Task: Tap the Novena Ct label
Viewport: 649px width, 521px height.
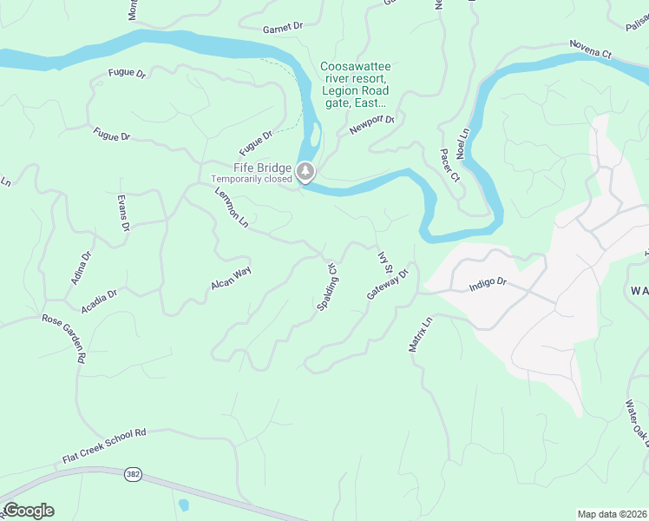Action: point(591,49)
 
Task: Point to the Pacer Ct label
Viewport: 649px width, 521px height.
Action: point(449,165)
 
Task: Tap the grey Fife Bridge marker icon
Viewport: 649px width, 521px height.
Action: point(305,172)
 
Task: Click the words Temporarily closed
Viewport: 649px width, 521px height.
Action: point(252,180)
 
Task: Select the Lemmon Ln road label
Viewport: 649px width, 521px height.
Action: point(232,209)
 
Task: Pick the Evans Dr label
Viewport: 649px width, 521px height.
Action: point(124,212)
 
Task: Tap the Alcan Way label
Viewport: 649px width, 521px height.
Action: point(230,278)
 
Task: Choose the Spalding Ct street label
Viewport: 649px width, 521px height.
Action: point(326,287)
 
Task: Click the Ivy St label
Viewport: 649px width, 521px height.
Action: point(385,262)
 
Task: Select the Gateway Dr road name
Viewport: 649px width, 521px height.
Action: point(387,284)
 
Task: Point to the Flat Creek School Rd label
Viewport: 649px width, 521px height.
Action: point(105,445)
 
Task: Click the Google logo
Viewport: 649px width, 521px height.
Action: point(28,511)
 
